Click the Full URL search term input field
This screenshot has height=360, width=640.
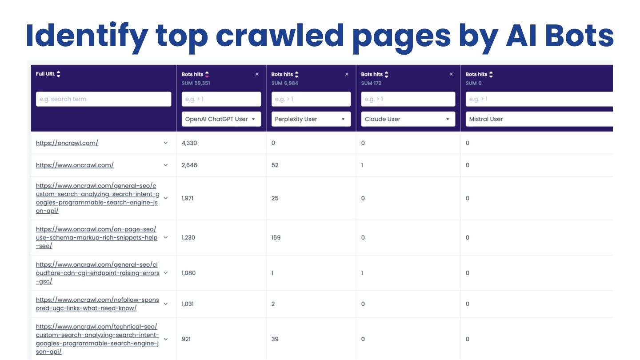click(x=103, y=99)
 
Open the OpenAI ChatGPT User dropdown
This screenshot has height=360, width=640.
click(x=221, y=119)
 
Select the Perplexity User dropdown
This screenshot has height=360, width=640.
click(x=311, y=119)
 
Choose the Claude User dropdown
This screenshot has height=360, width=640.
click(x=408, y=119)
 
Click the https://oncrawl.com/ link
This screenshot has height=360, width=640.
click(x=67, y=143)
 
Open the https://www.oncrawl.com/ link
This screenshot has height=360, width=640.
click(x=75, y=165)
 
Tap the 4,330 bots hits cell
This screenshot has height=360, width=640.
click(x=189, y=143)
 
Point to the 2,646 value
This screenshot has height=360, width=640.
click(x=189, y=165)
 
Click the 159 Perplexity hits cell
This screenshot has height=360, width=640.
click(x=276, y=237)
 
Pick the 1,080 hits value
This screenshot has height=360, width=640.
click(x=189, y=273)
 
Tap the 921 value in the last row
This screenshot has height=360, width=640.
click(x=187, y=339)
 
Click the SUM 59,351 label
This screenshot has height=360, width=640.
click(x=196, y=83)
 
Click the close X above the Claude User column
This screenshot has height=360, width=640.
click(x=452, y=74)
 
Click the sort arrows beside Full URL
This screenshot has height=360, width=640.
click(x=59, y=74)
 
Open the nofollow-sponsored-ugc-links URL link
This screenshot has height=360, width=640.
click(x=97, y=304)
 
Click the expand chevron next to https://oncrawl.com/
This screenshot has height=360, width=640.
click(x=166, y=143)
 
